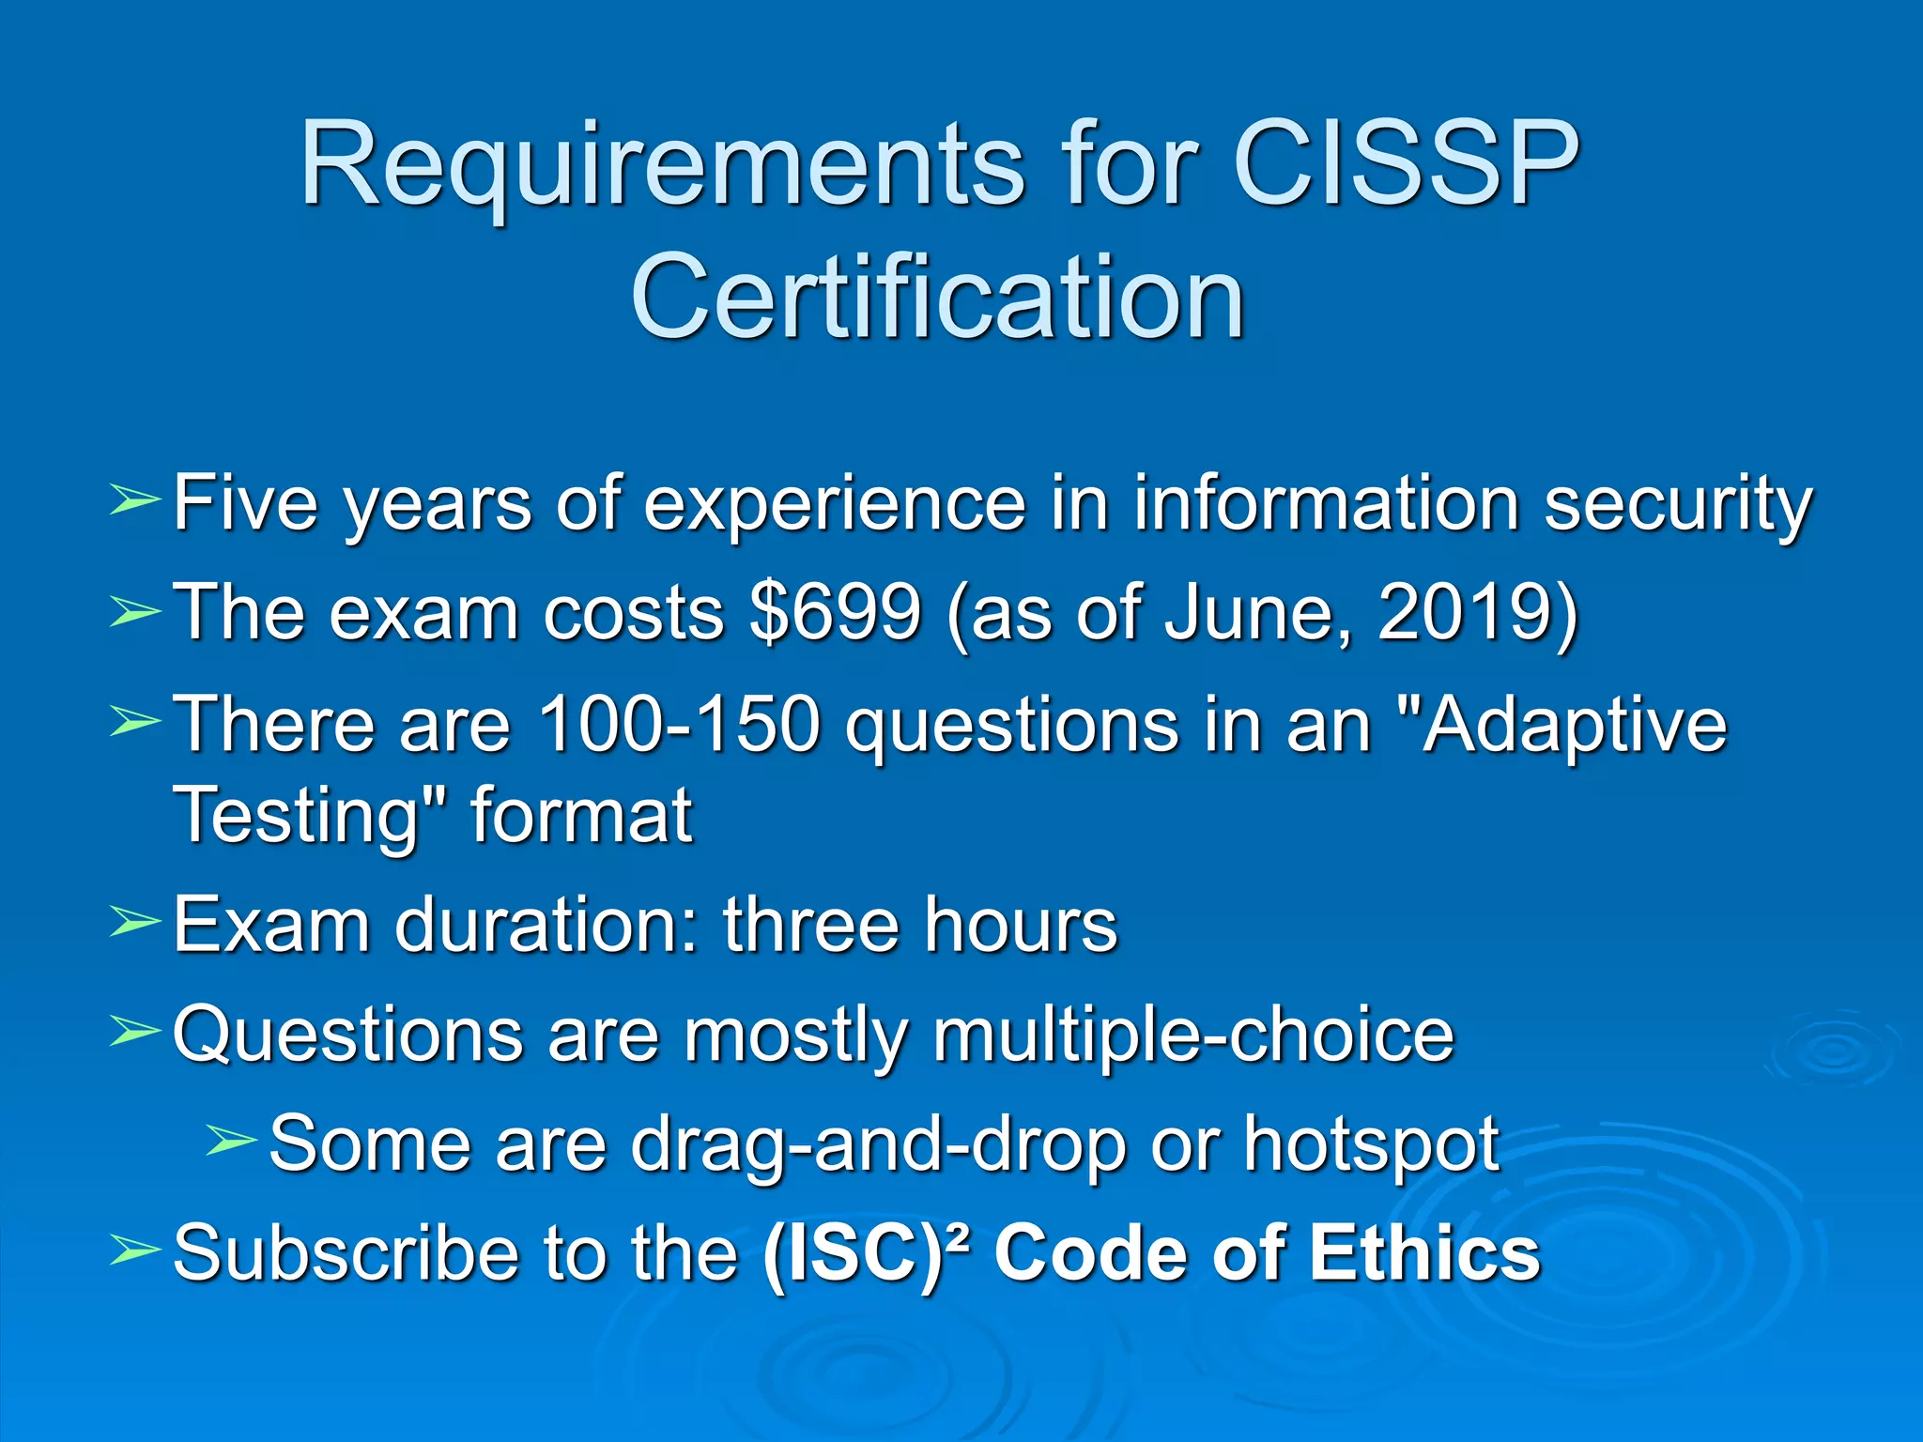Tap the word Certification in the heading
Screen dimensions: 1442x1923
937,298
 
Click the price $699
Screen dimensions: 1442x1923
836,612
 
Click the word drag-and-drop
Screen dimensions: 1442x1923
878,1146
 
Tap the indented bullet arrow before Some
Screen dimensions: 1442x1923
230,1141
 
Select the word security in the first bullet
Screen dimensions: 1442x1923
1678,505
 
